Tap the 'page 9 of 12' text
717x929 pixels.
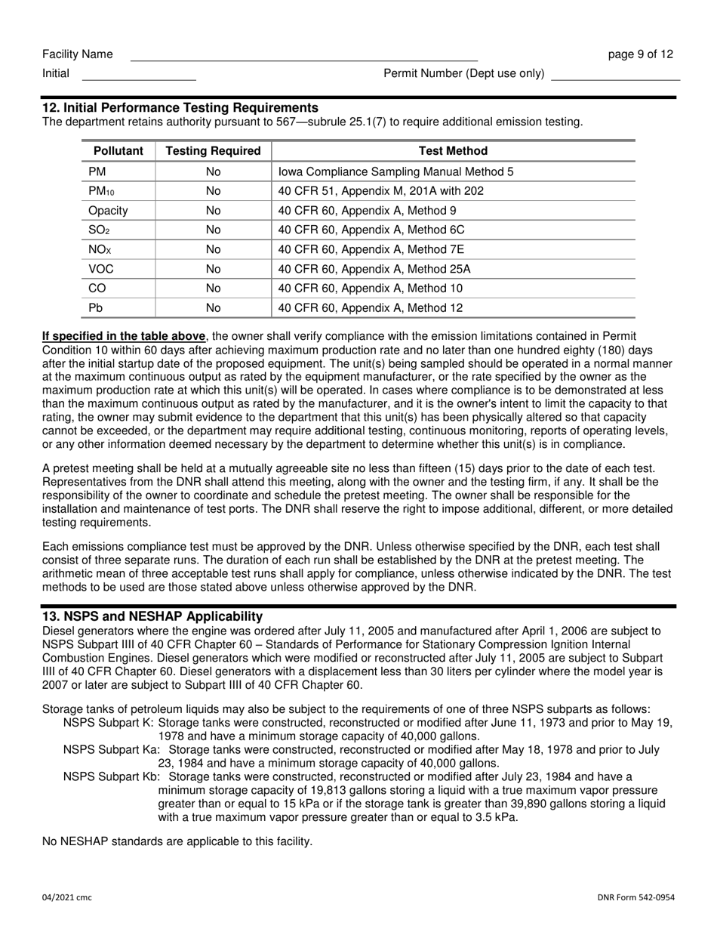[x=641, y=54]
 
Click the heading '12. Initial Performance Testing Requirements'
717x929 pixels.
[x=180, y=108]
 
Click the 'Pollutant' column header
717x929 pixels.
[x=118, y=151]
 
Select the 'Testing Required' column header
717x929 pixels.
[x=213, y=151]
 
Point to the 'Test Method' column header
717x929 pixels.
[x=453, y=151]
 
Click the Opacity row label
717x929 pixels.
[x=108, y=211]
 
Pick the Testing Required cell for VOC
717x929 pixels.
[x=213, y=269]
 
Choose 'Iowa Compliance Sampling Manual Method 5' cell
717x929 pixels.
[x=395, y=171]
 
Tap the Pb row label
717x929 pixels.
[x=96, y=308]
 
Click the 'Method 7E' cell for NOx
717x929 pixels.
[x=371, y=249]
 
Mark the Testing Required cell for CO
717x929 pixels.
[x=213, y=289]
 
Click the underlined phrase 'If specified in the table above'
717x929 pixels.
[x=123, y=336]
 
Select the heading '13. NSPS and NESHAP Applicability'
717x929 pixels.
[x=152, y=616]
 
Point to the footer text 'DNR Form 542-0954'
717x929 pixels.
[x=635, y=897]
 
